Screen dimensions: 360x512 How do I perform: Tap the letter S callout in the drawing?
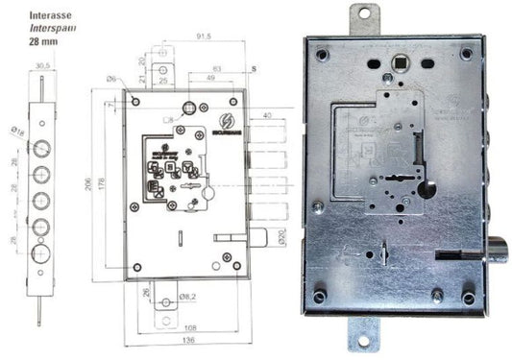[x=254, y=69]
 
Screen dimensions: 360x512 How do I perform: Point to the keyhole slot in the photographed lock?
[x=396, y=179]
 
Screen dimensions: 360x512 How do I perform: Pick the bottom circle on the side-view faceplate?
[x=39, y=252]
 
